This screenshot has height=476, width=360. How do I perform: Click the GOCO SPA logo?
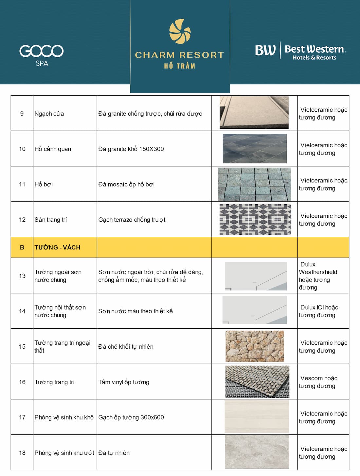42,54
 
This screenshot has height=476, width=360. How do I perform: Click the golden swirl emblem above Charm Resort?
180,31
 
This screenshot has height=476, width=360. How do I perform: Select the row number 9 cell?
22,114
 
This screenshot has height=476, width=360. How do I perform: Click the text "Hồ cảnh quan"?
53,149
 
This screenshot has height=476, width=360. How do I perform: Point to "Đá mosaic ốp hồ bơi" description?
126,184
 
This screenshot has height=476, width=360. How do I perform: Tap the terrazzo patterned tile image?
255,219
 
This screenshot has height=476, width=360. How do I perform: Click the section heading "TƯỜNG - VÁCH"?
57,247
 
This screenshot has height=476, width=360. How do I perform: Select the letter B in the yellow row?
22,247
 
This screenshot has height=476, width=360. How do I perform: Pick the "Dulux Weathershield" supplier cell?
318,276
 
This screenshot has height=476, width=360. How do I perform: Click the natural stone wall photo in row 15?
255,346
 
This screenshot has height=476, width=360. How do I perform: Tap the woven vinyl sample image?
257,382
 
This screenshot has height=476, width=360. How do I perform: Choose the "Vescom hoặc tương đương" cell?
318,382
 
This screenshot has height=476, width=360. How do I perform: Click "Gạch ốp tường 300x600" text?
131,417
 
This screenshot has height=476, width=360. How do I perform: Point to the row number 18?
22,453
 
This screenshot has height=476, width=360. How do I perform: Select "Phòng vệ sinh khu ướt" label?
64,453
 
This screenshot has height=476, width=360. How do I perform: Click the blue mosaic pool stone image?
254,184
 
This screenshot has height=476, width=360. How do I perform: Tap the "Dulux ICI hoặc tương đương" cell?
318,311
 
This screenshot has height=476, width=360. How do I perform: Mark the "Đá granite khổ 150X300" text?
131,149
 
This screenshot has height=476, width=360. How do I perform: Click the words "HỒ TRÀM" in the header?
180,66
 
